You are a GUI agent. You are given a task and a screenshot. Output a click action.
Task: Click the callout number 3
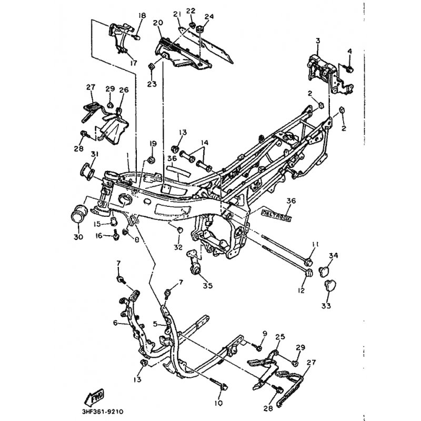click(317, 41)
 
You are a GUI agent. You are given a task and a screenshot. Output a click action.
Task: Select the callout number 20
click(158, 23)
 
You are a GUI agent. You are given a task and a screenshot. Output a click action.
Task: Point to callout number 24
click(209, 17)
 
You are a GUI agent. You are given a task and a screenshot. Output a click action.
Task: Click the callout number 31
click(95, 154)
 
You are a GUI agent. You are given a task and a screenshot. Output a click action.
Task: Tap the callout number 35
click(207, 286)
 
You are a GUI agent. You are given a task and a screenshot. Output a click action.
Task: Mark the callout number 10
click(219, 403)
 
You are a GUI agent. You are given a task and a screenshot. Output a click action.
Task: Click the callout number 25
click(279, 336)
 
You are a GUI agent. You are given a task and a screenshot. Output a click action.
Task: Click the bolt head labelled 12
click(309, 273)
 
